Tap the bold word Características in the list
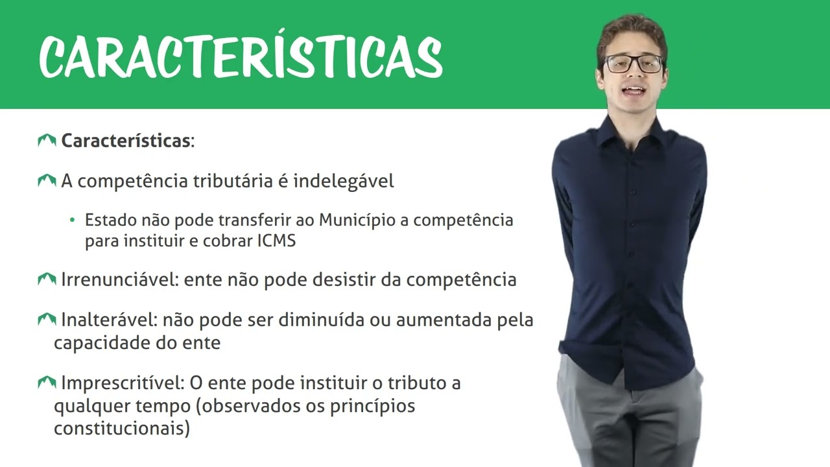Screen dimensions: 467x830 [126, 141]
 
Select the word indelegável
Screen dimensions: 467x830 [344, 181]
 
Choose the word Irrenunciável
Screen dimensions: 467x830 [120, 280]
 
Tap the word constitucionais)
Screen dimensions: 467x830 [122, 429]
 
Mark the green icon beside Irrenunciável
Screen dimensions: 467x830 [47, 280]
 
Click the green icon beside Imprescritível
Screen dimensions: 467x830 [47, 383]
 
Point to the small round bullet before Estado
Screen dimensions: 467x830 [72, 221]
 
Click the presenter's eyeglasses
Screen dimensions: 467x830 [633, 64]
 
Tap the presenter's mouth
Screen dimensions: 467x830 [634, 91]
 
